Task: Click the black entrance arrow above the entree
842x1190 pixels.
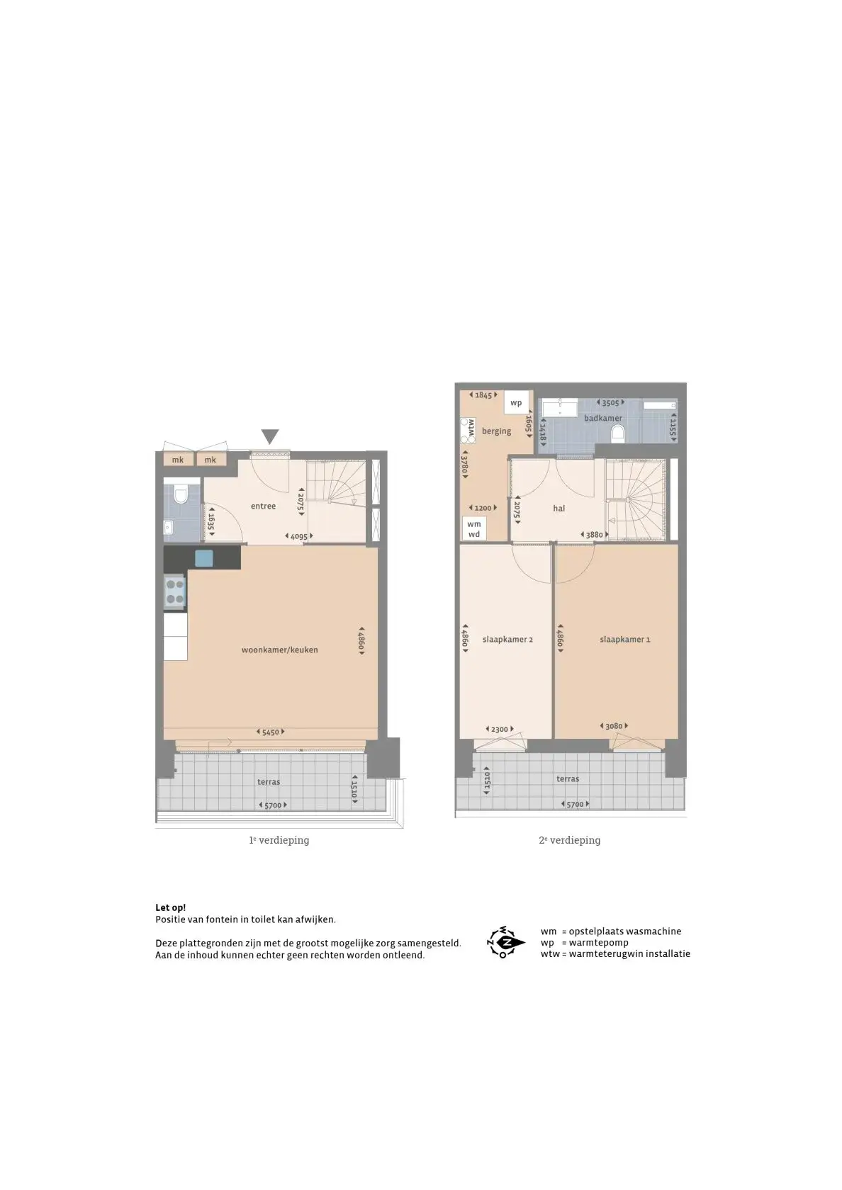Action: coord(270,436)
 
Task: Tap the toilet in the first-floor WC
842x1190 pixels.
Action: coord(181,495)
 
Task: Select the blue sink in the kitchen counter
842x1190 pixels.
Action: coord(204,558)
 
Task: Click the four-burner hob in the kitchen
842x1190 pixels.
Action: coord(175,592)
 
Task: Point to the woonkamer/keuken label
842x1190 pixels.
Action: coord(279,650)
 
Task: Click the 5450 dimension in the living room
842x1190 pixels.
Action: coord(271,732)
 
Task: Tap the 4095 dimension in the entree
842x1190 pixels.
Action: coord(299,537)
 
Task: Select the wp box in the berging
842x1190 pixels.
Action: coord(516,402)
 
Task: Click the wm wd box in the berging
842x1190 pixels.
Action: coord(474,529)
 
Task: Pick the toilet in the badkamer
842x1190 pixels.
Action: coord(617,435)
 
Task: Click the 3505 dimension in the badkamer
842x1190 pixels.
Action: coord(610,402)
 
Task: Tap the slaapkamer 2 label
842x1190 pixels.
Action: coord(507,639)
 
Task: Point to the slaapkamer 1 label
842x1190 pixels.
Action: coord(625,639)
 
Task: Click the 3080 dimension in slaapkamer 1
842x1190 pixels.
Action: coord(614,725)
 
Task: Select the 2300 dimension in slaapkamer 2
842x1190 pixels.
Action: coord(500,729)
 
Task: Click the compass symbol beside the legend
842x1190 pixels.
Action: coord(505,942)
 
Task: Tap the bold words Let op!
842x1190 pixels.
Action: coord(171,908)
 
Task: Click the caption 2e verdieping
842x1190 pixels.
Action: coord(570,840)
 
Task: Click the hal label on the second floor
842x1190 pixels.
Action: coord(558,509)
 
